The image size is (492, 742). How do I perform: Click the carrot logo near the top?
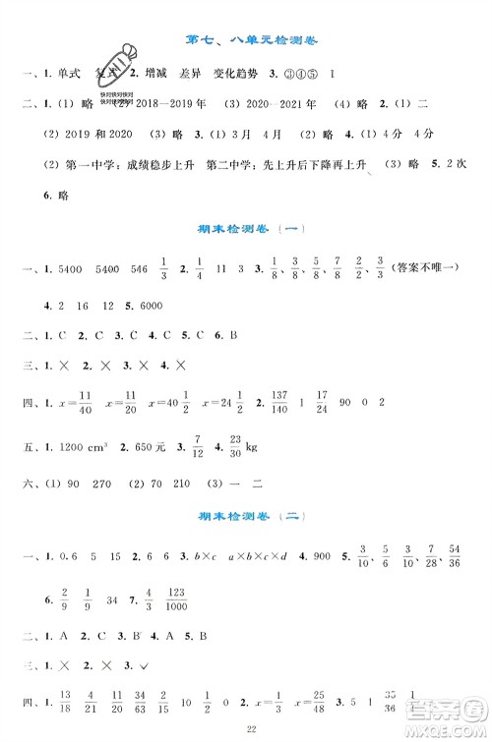[x=116, y=71]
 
